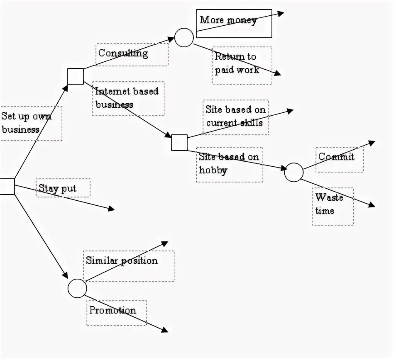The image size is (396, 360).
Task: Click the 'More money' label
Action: click(228, 20)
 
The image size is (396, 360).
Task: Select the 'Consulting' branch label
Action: click(123, 53)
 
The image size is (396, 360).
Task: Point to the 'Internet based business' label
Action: click(127, 98)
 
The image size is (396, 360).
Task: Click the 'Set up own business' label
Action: click(26, 123)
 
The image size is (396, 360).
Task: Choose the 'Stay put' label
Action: click(57, 188)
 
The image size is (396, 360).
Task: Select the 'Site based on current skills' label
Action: click(235, 116)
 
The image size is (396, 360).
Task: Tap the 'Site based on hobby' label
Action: click(229, 163)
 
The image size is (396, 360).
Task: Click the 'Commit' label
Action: click(336, 157)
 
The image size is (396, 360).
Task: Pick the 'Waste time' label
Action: click(329, 204)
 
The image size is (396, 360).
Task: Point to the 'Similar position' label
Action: click(122, 260)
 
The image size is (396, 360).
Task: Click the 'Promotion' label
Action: click(112, 310)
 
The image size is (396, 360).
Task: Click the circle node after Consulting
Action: click(184, 38)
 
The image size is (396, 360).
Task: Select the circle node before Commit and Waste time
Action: click(294, 172)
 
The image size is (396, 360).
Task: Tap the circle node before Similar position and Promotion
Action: click(77, 288)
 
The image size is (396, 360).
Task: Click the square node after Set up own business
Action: click(76, 76)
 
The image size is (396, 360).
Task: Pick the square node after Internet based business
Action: click(179, 143)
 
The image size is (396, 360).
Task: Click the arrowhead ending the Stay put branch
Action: click(112, 209)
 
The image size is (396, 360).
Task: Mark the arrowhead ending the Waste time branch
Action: click(372, 205)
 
